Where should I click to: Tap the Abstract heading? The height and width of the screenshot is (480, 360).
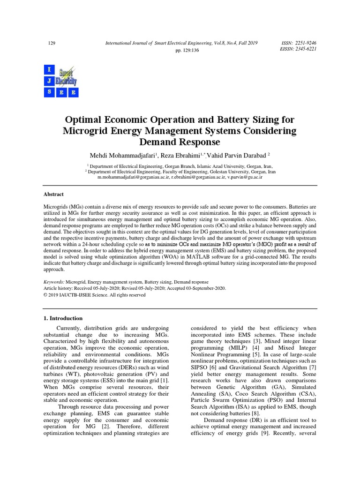click(54, 194)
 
